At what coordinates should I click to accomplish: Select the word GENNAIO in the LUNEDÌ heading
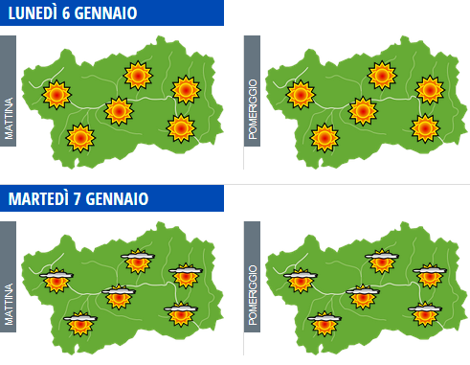tap(113, 13)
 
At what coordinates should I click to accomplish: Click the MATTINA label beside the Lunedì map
tap(10, 103)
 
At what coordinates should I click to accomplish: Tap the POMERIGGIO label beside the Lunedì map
tap(253, 103)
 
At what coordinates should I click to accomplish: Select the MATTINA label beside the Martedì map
tap(10, 288)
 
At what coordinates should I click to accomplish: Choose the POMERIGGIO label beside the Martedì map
tap(253, 288)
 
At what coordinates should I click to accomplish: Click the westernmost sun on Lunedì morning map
tap(57, 94)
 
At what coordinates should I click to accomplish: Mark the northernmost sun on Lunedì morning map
tap(138, 74)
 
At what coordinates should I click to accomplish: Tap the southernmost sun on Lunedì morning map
tap(80, 138)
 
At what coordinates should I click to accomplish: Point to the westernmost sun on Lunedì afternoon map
tap(301, 94)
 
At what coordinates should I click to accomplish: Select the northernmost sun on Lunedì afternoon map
tap(382, 74)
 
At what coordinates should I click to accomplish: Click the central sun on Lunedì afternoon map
tap(362, 111)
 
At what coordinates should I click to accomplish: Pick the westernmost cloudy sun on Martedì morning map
tap(57, 280)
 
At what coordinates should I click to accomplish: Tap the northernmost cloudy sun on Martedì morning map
tap(138, 260)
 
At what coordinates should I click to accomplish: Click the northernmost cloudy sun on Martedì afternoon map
tap(382, 260)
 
